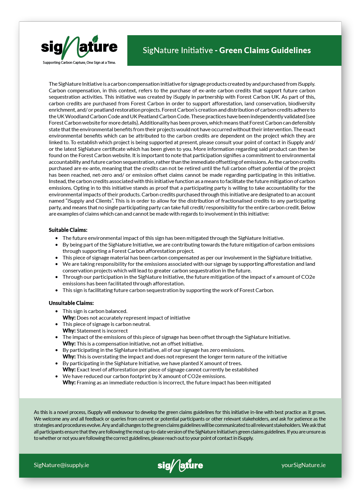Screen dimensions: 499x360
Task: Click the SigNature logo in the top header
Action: point(79,48)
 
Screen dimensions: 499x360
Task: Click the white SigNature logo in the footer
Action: point(180,465)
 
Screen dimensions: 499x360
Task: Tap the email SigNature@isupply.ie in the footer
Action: point(61,465)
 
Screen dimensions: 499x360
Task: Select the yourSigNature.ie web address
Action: point(303,465)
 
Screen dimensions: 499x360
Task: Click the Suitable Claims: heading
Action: point(68,230)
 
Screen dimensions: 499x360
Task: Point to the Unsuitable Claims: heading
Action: point(71,303)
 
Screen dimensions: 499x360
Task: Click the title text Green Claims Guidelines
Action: point(265,50)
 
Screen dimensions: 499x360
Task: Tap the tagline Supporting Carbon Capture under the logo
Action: point(79,62)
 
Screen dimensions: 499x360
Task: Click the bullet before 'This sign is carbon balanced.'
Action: point(57,311)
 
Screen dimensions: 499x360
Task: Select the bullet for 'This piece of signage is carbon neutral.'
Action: point(57,324)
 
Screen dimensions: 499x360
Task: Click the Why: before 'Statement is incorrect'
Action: point(69,331)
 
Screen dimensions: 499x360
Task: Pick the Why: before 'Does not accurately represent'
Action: point(69,318)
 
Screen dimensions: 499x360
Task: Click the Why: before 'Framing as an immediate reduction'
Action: point(69,383)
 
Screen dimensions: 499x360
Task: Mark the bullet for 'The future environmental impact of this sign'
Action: point(57,238)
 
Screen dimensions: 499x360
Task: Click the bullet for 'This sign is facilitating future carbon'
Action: point(57,290)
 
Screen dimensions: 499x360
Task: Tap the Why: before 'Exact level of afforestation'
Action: point(69,370)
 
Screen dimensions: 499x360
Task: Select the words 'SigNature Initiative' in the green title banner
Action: point(178,50)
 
